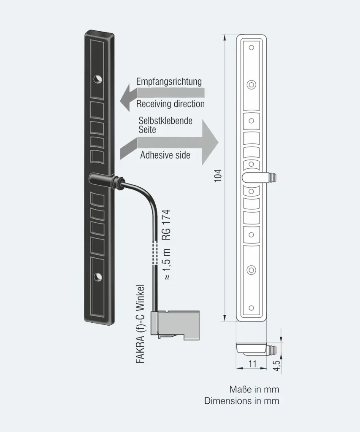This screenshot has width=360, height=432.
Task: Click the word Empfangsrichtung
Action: [169, 81]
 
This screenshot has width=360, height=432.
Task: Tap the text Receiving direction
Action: [171, 104]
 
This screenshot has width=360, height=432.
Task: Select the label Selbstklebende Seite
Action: [165, 125]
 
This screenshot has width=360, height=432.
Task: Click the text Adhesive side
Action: [165, 155]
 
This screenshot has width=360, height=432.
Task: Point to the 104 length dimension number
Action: [218, 175]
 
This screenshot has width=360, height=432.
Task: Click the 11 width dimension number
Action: [252, 364]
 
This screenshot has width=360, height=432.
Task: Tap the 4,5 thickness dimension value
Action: [277, 366]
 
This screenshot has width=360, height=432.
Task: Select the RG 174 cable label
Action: [166, 225]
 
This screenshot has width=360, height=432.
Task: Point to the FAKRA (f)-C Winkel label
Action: [140, 324]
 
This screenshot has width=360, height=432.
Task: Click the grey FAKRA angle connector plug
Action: [175, 325]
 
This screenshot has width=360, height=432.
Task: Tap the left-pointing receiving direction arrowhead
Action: [125, 97]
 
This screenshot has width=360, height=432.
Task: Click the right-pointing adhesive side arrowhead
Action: [210, 143]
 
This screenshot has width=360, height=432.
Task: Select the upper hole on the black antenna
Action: [97, 79]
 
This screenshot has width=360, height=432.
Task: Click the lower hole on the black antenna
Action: [98, 276]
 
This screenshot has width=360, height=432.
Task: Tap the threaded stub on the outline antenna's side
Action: [272, 177]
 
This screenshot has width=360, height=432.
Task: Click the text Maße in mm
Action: [254, 389]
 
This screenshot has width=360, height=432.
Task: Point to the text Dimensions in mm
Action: [242, 401]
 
